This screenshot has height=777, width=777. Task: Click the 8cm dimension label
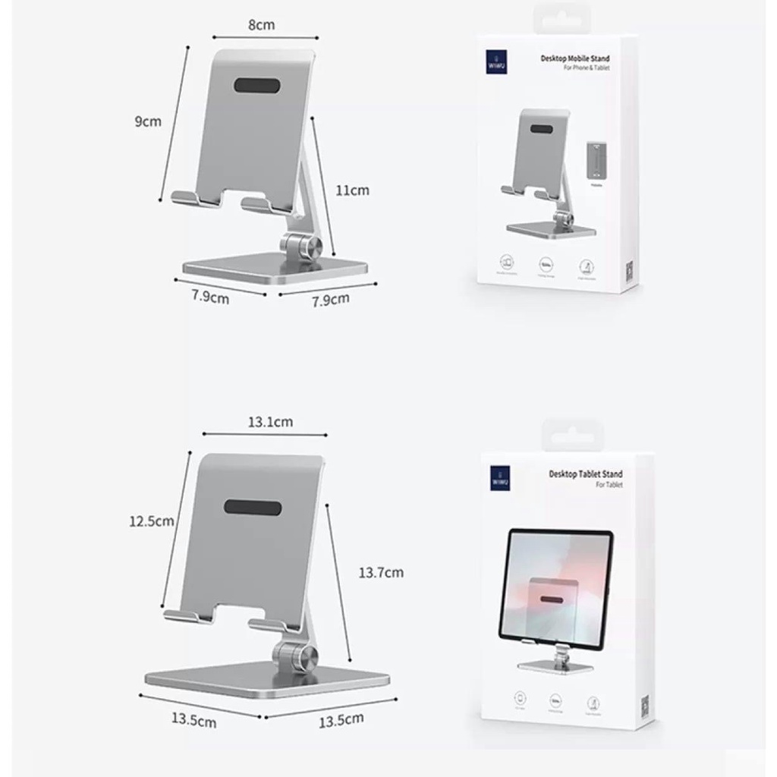tap(261, 25)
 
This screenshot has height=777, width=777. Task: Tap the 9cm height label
tap(149, 121)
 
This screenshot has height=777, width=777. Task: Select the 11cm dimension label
tap(352, 190)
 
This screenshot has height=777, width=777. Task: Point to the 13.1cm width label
tap(269, 422)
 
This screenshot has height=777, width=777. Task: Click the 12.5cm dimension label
tap(151, 521)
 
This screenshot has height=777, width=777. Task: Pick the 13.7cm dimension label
tap(381, 572)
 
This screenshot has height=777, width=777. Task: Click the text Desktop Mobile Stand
tap(574, 58)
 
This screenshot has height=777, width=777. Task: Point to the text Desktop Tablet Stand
tap(585, 473)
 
